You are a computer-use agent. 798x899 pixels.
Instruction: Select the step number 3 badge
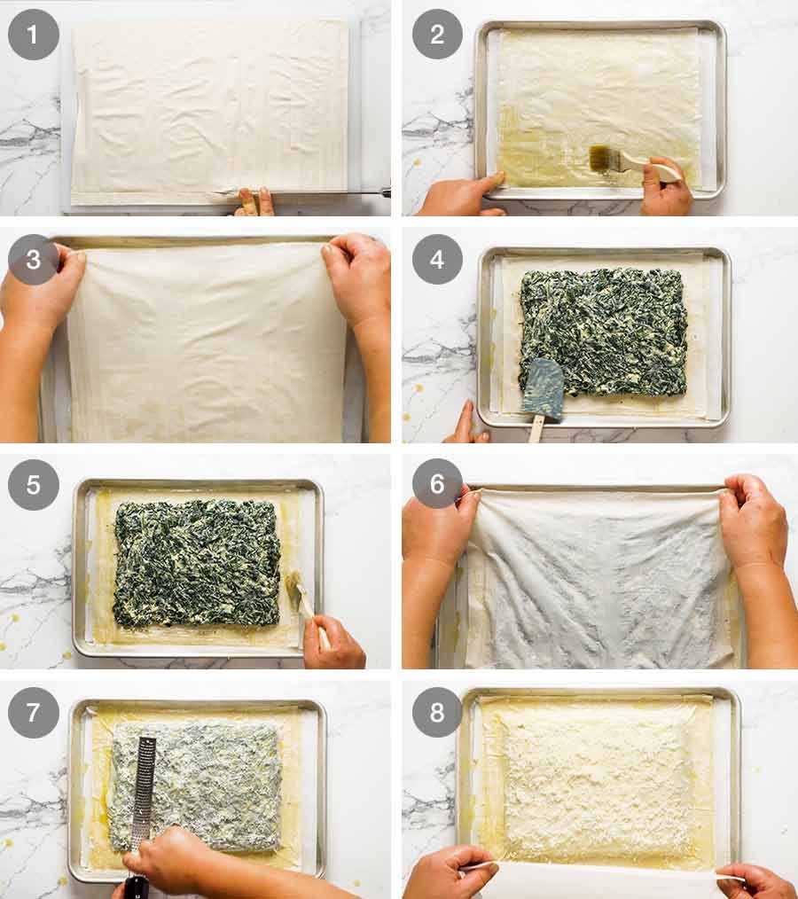[x=33, y=259]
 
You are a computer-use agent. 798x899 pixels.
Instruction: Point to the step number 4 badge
[x=437, y=259]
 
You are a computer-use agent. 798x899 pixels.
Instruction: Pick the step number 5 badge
[x=33, y=484]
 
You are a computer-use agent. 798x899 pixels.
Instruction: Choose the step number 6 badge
[x=437, y=484]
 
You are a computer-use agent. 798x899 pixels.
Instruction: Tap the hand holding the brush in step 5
[x=334, y=643]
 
